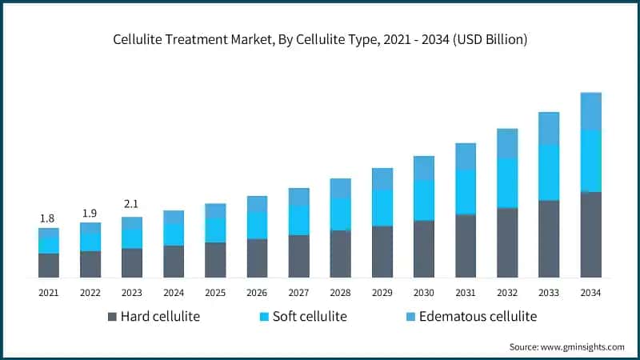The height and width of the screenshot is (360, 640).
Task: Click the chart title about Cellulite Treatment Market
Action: (320, 38)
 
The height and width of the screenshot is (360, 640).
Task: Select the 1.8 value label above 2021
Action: (49, 218)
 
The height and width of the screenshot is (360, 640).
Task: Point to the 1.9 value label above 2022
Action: (90, 214)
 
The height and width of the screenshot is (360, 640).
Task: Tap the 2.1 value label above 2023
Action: (132, 203)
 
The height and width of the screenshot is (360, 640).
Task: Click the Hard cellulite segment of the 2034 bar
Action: (590, 234)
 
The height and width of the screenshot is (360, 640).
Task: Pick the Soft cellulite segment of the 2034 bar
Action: (590, 161)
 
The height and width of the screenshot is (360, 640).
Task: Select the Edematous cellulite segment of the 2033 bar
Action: (549, 128)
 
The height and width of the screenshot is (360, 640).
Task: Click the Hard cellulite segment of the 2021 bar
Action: (49, 265)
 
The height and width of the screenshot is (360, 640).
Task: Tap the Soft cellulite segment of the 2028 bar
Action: (341, 214)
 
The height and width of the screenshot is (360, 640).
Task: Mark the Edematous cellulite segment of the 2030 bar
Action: (424, 168)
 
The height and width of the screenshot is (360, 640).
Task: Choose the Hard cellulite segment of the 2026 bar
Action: (257, 258)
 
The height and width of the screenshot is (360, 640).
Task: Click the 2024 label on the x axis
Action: (174, 294)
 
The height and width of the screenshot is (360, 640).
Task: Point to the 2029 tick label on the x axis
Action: (382, 294)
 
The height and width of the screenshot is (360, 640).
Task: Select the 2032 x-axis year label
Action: (507, 294)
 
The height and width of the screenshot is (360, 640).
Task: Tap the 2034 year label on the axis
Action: (590, 294)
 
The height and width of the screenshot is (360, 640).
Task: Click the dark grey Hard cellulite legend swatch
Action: (112, 317)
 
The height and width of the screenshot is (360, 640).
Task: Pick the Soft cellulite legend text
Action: (310, 317)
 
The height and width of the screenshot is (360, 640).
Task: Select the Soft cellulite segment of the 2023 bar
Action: (132, 238)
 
